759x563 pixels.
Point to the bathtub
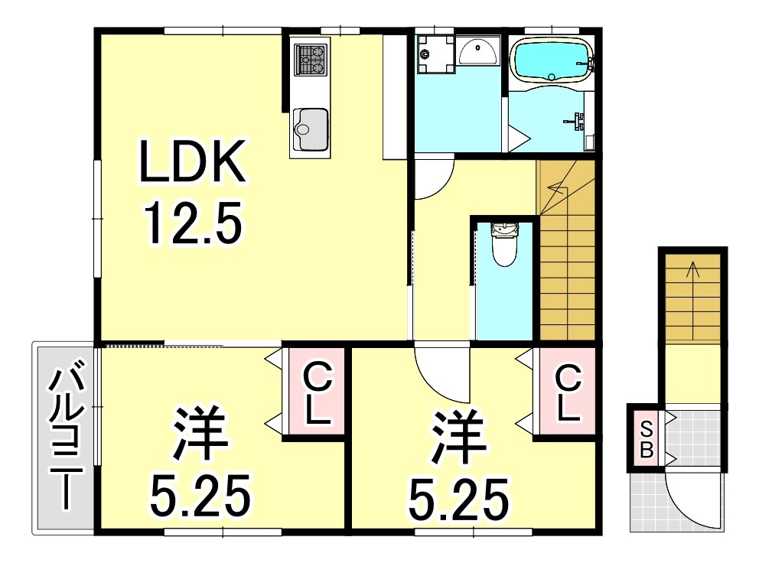point(551,60)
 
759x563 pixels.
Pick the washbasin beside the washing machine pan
point(478,51)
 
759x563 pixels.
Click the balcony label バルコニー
point(64,440)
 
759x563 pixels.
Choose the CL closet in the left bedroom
point(316,394)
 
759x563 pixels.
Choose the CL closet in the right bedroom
point(566,394)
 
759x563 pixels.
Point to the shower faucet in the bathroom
point(577,120)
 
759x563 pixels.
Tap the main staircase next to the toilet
point(567,260)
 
